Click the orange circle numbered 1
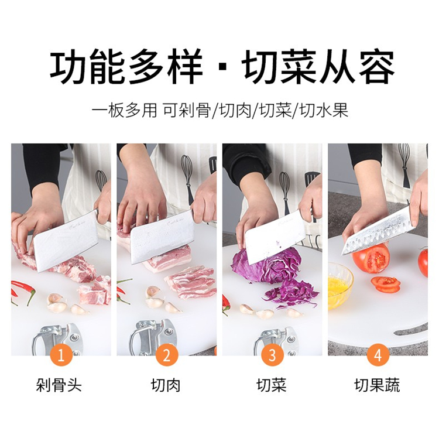pos(61,355)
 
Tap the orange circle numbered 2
pos(167,355)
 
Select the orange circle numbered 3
pos(272,355)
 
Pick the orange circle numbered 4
pos(378,355)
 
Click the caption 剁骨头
pos(59,385)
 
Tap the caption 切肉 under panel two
pos(166,385)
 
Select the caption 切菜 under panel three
pos(271,385)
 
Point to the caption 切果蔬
pos(377,385)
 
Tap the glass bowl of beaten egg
pos(339,286)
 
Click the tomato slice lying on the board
pos(386,284)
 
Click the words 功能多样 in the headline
pos(126,66)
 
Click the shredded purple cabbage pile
pos(291,294)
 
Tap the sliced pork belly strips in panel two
pos(190,282)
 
